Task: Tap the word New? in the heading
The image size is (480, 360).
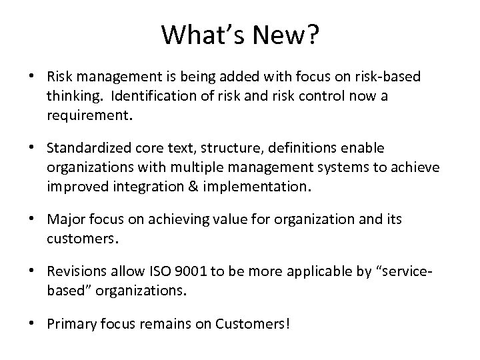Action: click(x=288, y=35)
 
